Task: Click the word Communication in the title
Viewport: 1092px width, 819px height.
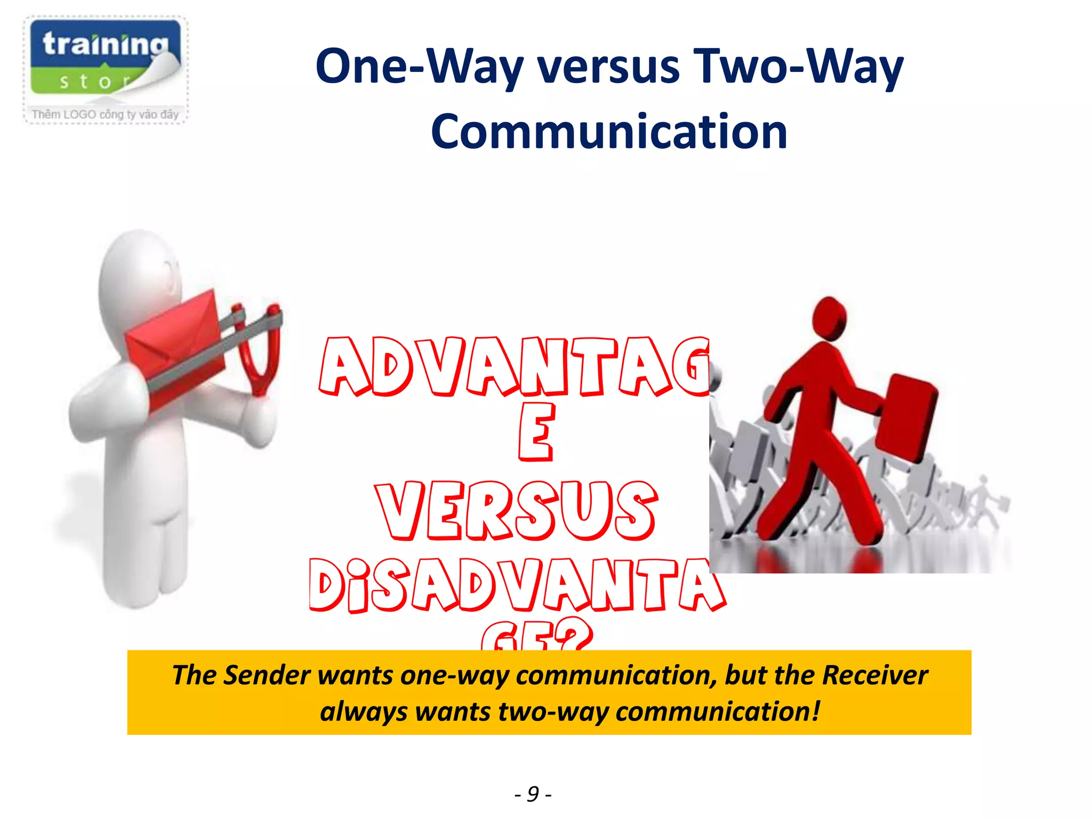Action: click(609, 132)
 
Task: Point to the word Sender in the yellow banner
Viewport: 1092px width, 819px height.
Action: click(267, 675)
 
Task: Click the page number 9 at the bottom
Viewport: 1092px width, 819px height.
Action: click(533, 794)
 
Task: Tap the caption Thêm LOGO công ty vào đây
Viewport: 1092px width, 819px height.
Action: click(105, 114)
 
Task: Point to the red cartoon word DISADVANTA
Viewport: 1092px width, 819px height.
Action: click(517, 585)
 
